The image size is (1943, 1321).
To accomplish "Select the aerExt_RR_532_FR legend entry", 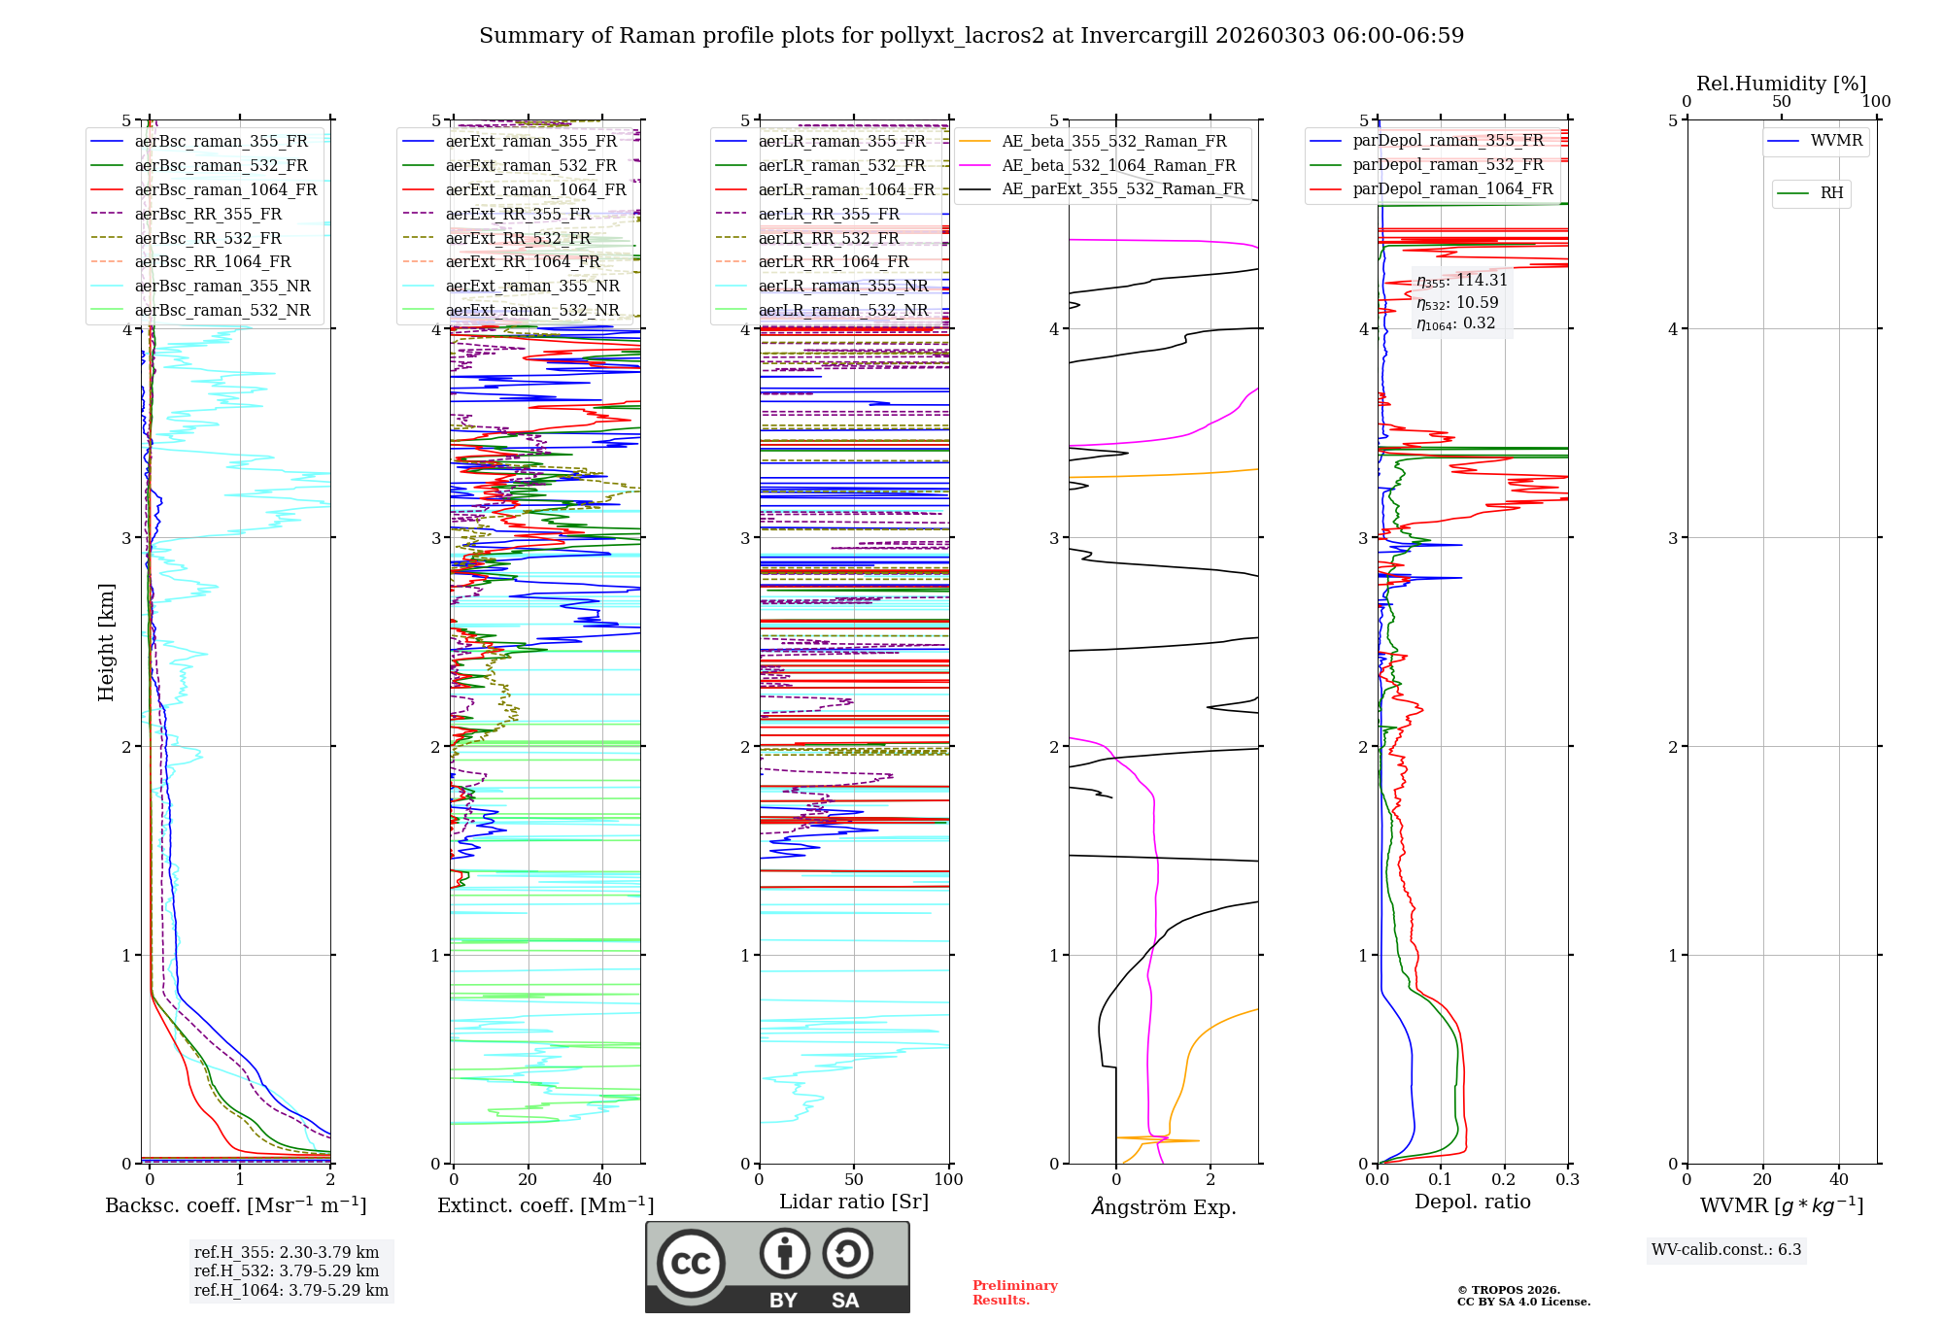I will pyautogui.click(x=518, y=238).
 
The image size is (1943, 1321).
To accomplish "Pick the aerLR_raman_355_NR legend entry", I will pyautogui.click(x=842, y=286).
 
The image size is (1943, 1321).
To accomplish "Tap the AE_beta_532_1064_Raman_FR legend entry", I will pyautogui.click(x=1118, y=165).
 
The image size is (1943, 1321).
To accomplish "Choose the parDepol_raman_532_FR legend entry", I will pyautogui.click(x=1448, y=165).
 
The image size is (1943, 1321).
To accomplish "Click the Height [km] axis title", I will pyautogui.click(x=106, y=642).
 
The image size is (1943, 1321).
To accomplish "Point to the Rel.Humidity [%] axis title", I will pyautogui.click(x=1781, y=84).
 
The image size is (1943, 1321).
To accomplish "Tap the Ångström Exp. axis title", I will pyautogui.click(x=1163, y=1207).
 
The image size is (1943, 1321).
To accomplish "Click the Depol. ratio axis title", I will pyautogui.click(x=1472, y=1202).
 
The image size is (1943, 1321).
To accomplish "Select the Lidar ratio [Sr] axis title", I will pyautogui.click(x=853, y=1202).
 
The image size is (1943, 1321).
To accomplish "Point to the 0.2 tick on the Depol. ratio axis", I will pyautogui.click(x=1504, y=1179).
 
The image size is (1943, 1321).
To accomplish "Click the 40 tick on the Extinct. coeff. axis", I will pyautogui.click(x=602, y=1179).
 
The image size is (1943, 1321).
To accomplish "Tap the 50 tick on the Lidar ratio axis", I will pyautogui.click(x=854, y=1179).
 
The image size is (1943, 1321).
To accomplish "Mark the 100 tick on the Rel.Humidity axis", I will pyautogui.click(x=1876, y=101).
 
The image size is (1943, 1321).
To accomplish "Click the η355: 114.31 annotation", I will pyautogui.click(x=1461, y=281).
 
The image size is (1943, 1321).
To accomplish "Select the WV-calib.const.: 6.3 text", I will pyautogui.click(x=1725, y=1250).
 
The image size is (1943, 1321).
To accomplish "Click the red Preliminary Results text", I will pyautogui.click(x=1014, y=1293).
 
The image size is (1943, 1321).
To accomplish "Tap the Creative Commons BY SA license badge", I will pyautogui.click(x=777, y=1267).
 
